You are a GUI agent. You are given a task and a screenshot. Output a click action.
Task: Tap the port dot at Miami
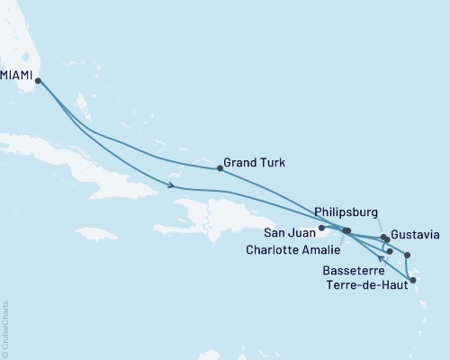(x=38, y=81)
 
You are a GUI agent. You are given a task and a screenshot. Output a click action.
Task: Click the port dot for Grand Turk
(x=220, y=167)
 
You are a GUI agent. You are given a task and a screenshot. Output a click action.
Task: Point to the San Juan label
(x=285, y=228)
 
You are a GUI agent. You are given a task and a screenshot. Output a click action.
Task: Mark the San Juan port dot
(x=321, y=229)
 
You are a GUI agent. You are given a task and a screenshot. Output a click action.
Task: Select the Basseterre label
(x=349, y=269)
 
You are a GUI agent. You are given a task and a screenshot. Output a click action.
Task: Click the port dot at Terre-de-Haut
(x=413, y=281)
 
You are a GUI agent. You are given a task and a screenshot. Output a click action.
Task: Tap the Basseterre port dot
(x=390, y=251)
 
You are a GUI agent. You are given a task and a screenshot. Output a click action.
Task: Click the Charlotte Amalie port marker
(x=346, y=231)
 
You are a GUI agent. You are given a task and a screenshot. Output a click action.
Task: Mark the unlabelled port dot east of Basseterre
(x=408, y=255)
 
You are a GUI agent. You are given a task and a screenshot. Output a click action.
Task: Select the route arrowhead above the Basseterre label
(x=381, y=262)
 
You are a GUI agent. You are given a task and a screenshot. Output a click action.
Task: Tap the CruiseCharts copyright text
(x=5, y=329)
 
